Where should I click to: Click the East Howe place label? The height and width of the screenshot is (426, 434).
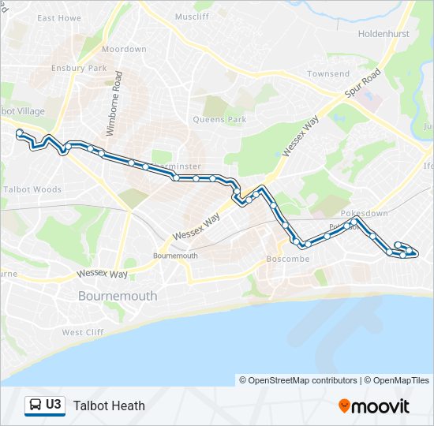tap(59, 17)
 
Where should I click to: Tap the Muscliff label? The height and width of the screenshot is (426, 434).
tap(192, 17)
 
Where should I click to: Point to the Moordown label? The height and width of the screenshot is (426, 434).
tap(124, 49)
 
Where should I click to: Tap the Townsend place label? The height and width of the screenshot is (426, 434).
tap(328, 74)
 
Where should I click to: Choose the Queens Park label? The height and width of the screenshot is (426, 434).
tap(220, 120)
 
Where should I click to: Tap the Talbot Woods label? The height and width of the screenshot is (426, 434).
tap(32, 189)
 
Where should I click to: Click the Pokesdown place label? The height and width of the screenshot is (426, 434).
tap(365, 214)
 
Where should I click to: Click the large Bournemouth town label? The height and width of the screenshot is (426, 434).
tap(118, 296)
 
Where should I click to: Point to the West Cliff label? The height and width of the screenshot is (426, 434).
tap(83, 332)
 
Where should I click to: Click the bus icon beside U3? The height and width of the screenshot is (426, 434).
tap(35, 405)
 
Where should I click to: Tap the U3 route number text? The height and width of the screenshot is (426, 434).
tap(54, 405)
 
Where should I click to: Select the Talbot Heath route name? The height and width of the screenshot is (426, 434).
tap(109, 405)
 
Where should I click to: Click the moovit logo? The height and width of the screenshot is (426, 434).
tap(374, 406)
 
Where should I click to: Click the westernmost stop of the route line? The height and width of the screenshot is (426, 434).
tap(19, 133)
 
